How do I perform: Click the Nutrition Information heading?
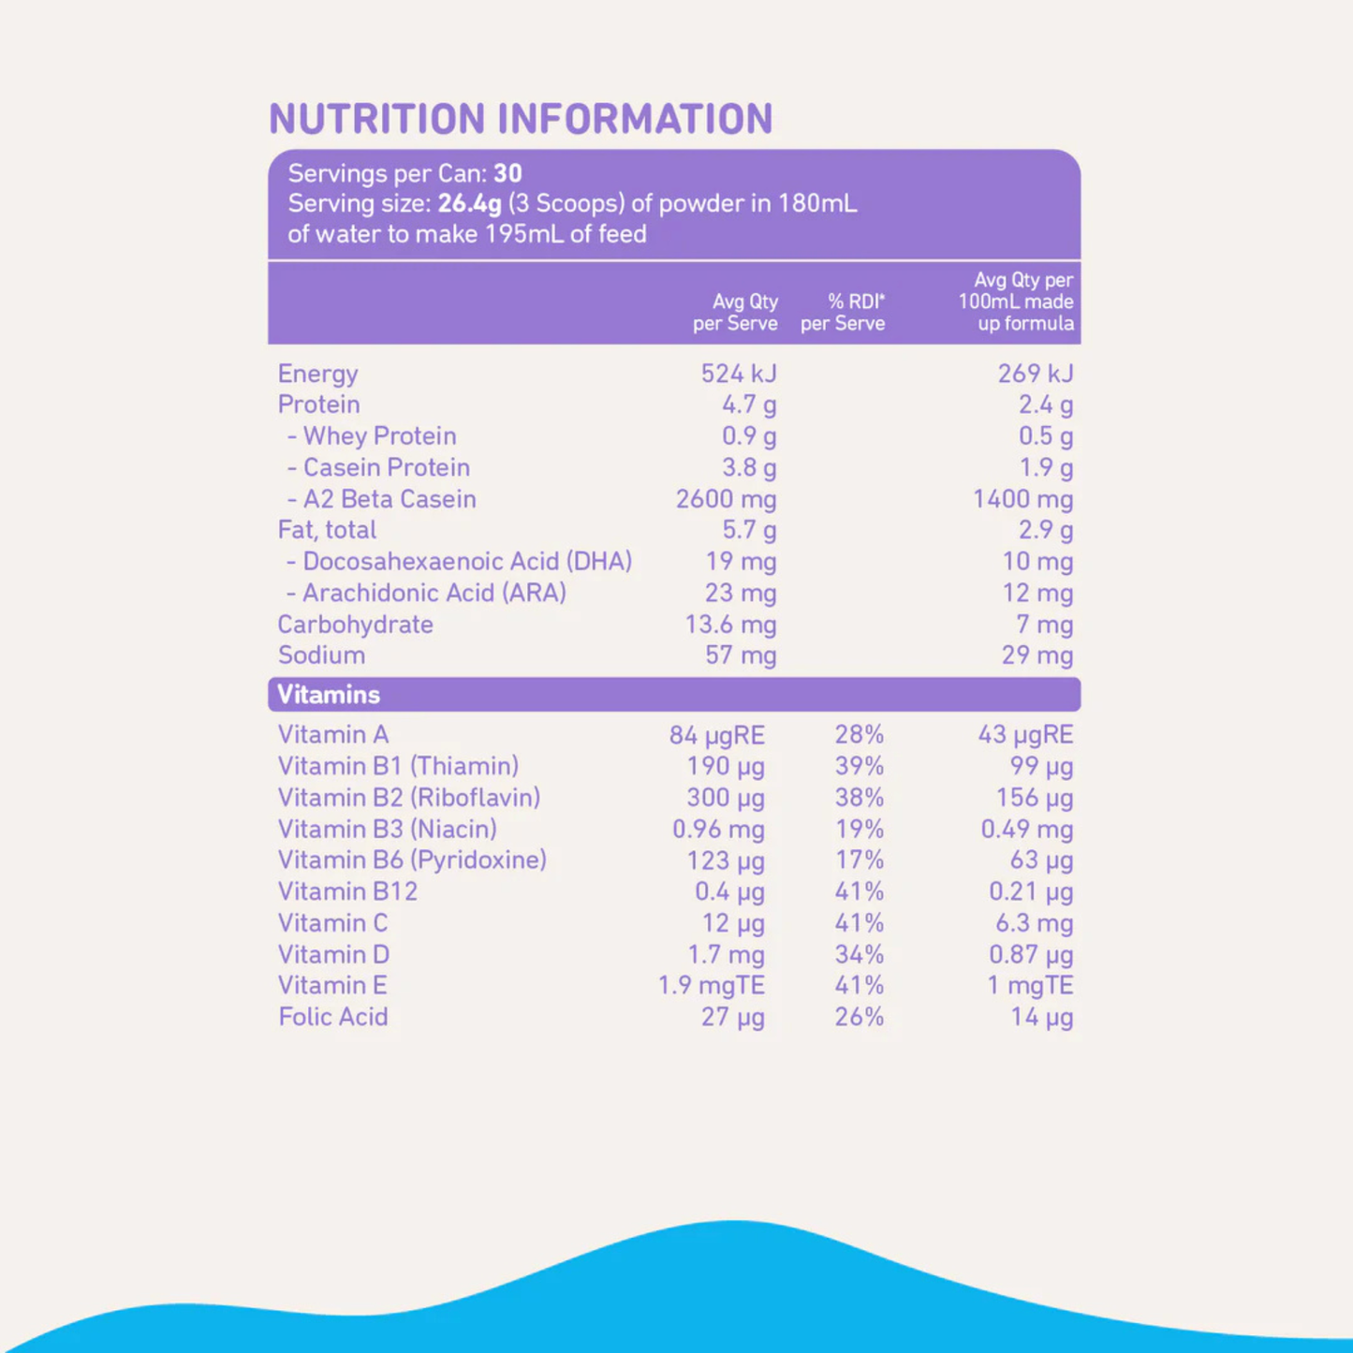pyautogui.click(x=521, y=119)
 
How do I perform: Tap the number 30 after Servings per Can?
pyautogui.click(x=507, y=173)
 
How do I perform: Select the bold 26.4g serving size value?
pyautogui.click(x=469, y=204)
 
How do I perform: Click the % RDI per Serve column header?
pyautogui.click(x=843, y=313)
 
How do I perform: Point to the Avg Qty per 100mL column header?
pyautogui.click(x=1016, y=301)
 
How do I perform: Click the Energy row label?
pyautogui.click(x=317, y=374)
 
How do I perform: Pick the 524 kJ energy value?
pyautogui.click(x=738, y=374)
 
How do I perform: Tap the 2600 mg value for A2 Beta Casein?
pyautogui.click(x=726, y=499)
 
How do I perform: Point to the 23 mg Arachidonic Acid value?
pyautogui.click(x=740, y=594)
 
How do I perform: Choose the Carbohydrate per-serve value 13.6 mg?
pyautogui.click(x=730, y=625)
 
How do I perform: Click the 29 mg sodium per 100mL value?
pyautogui.click(x=1037, y=655)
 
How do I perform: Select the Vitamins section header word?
pyautogui.click(x=329, y=695)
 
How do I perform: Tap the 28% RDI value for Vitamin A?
pyautogui.click(x=859, y=735)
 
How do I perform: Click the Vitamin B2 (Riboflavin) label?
pyautogui.click(x=409, y=798)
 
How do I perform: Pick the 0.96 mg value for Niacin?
pyautogui.click(x=718, y=830)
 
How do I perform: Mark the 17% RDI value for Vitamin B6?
pyautogui.click(x=859, y=860)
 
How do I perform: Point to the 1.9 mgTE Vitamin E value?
pyautogui.click(x=711, y=986)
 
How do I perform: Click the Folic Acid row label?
pyautogui.click(x=332, y=1017)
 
